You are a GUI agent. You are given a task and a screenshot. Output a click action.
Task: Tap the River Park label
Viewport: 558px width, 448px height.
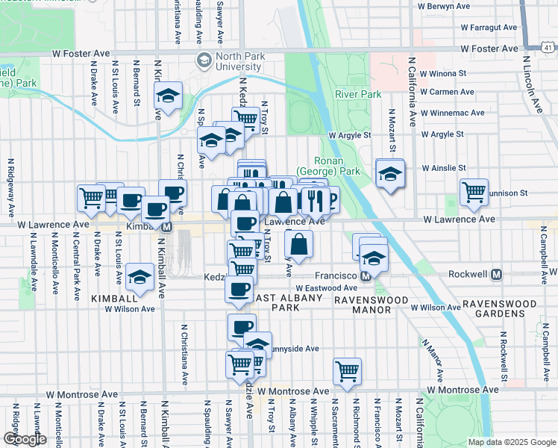[358, 95]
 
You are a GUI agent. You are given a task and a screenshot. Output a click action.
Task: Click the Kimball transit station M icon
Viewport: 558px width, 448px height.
[167, 226]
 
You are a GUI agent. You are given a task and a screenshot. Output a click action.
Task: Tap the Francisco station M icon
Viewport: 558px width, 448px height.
[366, 276]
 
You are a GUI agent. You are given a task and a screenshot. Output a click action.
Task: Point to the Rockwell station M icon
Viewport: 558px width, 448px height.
[496, 274]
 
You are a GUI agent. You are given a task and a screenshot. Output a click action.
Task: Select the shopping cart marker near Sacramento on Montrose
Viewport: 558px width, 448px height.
[347, 370]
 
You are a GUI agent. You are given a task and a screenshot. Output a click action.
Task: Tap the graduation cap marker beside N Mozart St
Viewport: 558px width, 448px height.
[389, 174]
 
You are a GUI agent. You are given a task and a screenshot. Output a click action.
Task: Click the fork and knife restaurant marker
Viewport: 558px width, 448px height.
[315, 199]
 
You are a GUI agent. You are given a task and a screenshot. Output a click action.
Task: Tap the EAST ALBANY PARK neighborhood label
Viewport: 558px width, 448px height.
[287, 303]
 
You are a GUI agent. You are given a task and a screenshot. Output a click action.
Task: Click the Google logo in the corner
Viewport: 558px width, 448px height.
[25, 439]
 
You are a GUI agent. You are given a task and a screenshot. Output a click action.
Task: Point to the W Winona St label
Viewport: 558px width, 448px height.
[442, 74]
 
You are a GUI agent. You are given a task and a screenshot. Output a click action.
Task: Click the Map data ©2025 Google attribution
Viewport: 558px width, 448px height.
[511, 442]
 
